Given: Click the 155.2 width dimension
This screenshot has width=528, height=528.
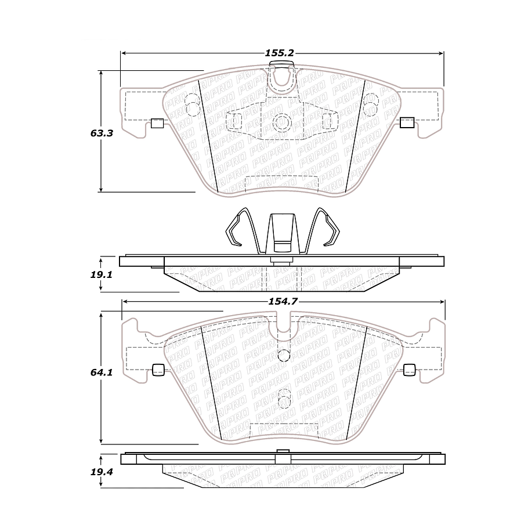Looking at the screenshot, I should click(280, 53).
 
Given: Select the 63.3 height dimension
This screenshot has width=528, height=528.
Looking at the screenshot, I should click(101, 133).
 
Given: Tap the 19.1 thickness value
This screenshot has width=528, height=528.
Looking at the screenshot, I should click(101, 273).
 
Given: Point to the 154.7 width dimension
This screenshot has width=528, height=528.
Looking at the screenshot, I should click(280, 302).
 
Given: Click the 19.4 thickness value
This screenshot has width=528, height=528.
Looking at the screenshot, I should click(101, 471).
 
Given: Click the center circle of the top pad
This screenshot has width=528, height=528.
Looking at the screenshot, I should click(282, 122).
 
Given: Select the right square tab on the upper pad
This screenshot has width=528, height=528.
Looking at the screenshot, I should click(407, 122).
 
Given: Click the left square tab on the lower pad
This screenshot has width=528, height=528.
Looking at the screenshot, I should click(157, 369).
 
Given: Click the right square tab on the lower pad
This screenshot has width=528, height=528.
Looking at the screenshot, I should click(409, 369).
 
